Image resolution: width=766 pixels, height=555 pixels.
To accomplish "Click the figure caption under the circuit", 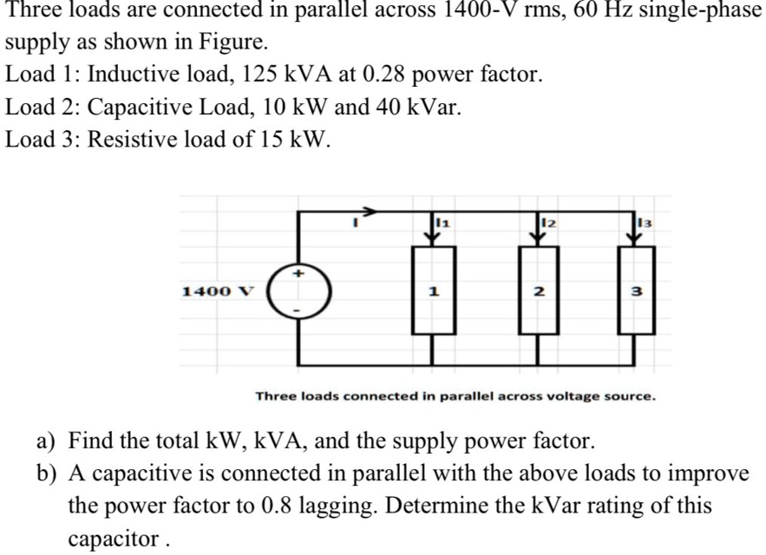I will point(455,395).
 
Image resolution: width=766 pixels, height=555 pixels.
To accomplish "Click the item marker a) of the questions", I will point(47,441).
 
